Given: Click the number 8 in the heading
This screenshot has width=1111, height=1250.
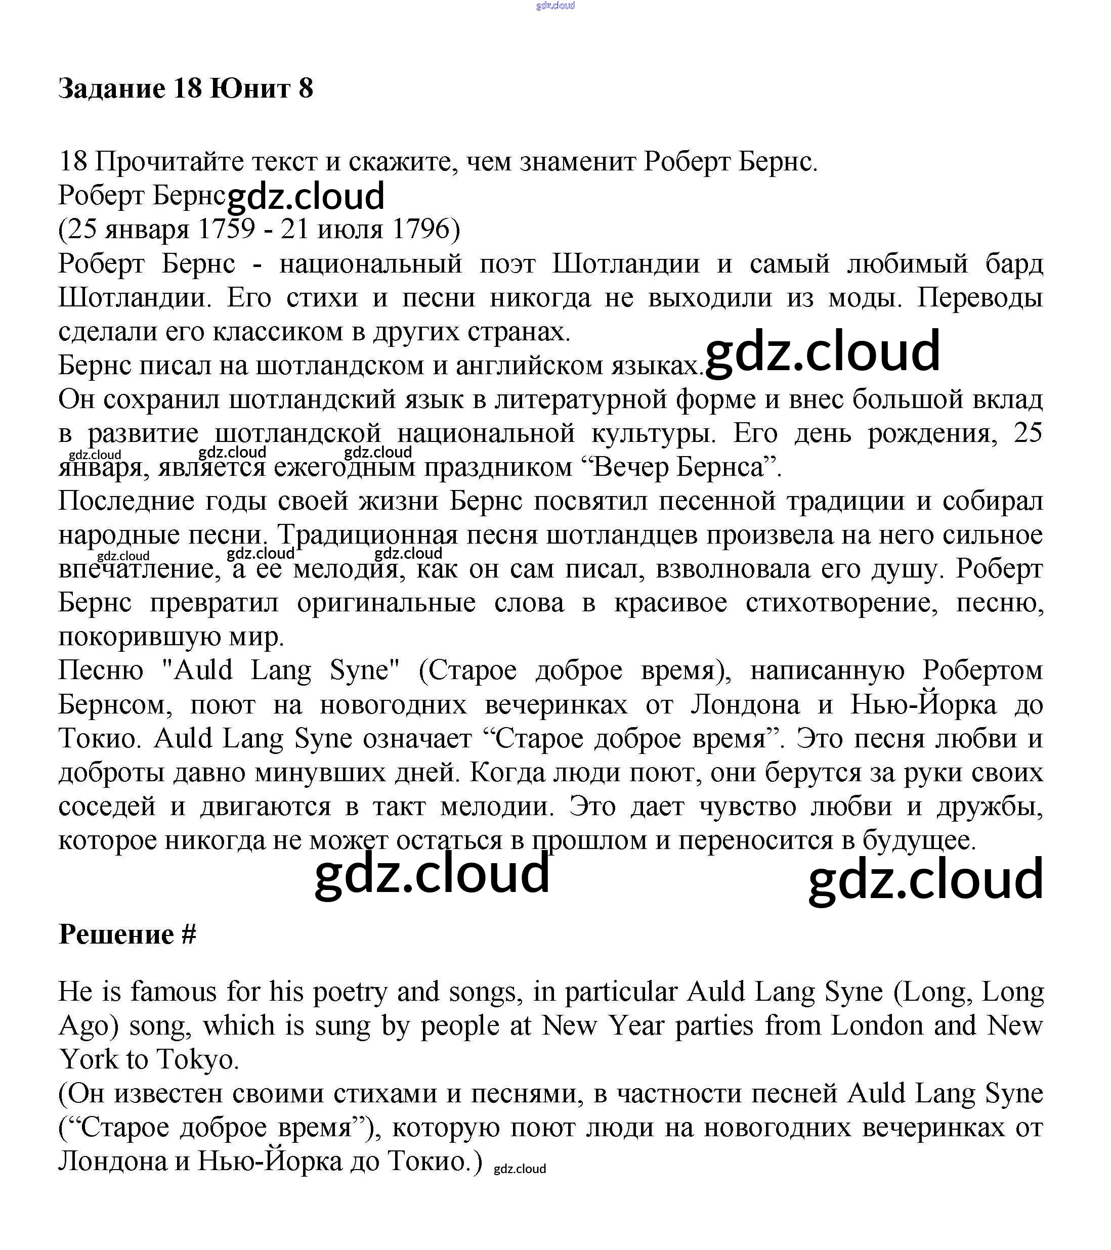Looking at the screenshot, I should pos(305,88).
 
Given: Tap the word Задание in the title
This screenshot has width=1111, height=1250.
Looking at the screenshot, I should pos(112,88).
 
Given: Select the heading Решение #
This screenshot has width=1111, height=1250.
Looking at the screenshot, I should pos(127,934).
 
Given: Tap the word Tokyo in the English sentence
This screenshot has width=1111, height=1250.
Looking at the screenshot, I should pos(195,1059).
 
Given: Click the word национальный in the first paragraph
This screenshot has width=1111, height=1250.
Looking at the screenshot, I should pos(371,263).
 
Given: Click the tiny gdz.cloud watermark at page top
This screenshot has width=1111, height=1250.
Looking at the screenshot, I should pos(555,6).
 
